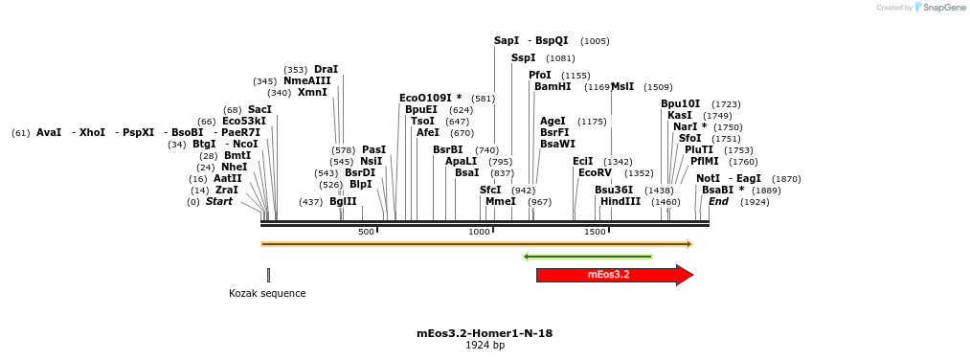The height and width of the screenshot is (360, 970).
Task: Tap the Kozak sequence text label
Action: (267, 293)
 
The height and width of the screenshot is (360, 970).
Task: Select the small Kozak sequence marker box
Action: (268, 275)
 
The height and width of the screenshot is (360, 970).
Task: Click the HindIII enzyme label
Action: (620, 202)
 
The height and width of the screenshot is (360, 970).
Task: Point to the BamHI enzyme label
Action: (553, 86)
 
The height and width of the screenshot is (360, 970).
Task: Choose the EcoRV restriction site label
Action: (595, 173)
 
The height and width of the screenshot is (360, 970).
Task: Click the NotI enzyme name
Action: (709, 178)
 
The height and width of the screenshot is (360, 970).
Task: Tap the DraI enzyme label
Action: (327, 69)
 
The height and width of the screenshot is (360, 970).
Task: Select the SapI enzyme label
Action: (507, 41)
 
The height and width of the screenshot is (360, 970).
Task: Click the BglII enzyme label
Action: (343, 202)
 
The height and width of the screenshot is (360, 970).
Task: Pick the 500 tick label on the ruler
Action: (366, 233)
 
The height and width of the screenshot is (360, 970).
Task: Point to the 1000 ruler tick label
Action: (479, 233)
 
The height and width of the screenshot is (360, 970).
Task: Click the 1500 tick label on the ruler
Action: (595, 233)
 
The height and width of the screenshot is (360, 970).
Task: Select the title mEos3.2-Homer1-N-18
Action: (485, 333)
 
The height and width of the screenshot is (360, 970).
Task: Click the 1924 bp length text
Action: (485, 346)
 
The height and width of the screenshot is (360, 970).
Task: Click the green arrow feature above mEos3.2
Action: (588, 257)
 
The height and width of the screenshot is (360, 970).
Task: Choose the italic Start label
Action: (219, 202)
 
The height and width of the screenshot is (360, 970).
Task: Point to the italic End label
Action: (718, 202)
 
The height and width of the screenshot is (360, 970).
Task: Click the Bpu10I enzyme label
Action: (681, 103)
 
